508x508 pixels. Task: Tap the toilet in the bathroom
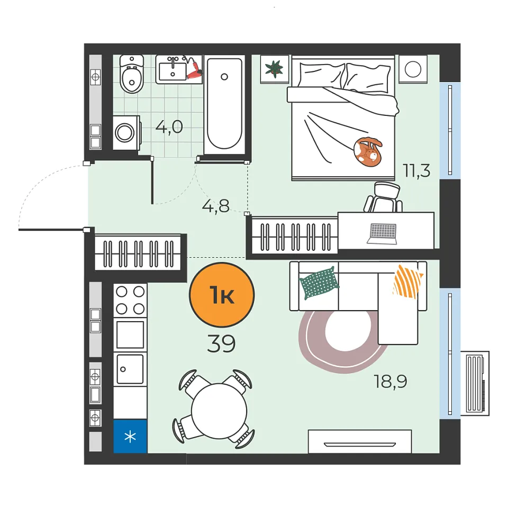pos(132,74)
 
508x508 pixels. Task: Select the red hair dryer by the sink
pos(194,70)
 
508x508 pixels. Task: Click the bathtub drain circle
pos(224,77)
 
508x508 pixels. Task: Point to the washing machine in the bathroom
pos(126,132)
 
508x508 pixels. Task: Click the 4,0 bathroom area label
pos(169,127)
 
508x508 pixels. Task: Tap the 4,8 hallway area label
pos(215,206)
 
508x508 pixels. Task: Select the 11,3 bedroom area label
pos(416,170)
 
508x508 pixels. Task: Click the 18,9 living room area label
pos(391,381)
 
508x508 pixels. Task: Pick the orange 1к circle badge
pos(222,295)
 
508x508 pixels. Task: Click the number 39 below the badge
pos(221,343)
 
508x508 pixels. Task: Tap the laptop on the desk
pos(382,233)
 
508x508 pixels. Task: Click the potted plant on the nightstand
pos(274,69)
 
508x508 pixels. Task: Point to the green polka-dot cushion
pos(319,283)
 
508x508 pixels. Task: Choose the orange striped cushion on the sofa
pos(407,282)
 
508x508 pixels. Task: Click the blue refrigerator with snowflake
pos(130,437)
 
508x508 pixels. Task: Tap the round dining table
pos(219,411)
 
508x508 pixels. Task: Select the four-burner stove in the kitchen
pos(130,301)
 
